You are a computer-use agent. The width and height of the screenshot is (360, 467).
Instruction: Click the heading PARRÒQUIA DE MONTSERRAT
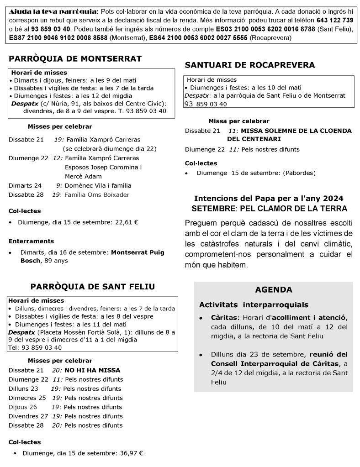tap(75, 59)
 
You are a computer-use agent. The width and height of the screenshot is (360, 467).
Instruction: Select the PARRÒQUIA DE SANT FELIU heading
tap(92, 287)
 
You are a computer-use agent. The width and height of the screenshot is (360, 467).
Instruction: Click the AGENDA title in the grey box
tap(273, 290)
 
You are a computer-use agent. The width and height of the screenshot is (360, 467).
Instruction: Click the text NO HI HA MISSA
tap(92, 370)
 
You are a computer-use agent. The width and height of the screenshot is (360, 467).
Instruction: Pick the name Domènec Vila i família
tap(97, 185)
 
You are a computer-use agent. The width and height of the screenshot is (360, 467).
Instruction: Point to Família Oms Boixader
tap(96, 194)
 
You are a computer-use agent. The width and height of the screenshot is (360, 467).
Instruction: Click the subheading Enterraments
tap(31, 241)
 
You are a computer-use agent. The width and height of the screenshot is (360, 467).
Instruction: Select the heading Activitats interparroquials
tap(254, 304)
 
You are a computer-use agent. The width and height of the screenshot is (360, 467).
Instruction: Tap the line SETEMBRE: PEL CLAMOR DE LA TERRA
tap(269, 208)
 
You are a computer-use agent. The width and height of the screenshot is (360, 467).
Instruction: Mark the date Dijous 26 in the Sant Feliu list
tap(23, 407)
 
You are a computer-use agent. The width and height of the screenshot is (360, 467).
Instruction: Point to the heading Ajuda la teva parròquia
tap(53, 11)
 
